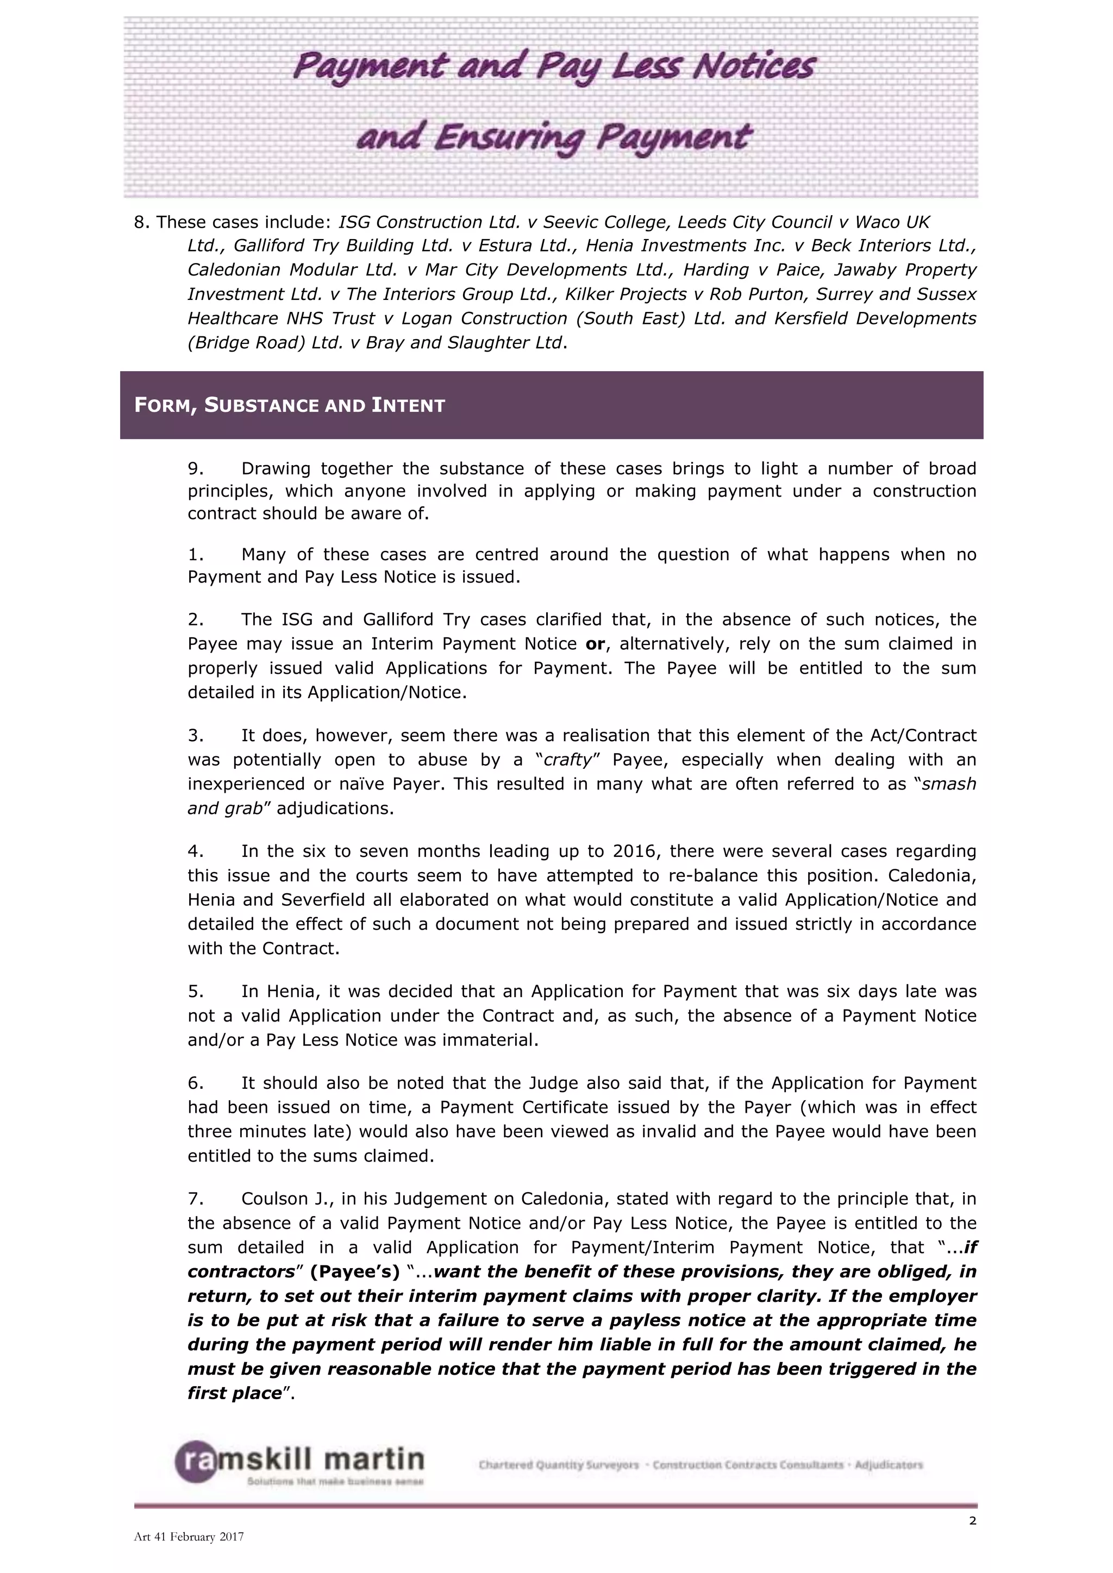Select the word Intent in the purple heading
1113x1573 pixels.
pos(409,405)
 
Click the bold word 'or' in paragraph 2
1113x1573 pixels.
pos(595,644)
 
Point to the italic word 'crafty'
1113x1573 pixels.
pos(567,760)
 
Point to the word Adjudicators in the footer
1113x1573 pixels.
pos(888,1465)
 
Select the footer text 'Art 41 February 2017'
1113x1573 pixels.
pos(189,1537)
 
